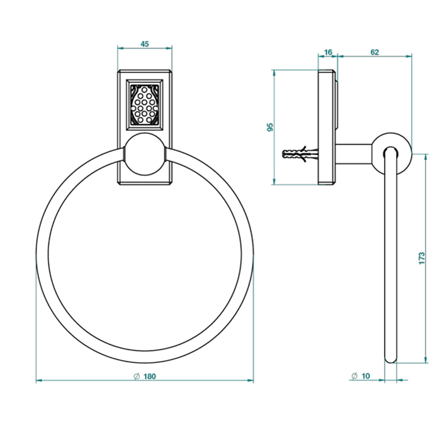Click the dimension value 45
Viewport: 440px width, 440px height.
coord(144,44)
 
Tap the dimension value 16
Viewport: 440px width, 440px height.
coord(328,52)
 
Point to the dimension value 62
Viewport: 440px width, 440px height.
coord(375,52)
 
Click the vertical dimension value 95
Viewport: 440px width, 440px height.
coord(270,127)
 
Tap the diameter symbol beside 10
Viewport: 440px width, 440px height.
coord(354,376)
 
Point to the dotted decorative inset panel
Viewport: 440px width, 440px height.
coord(144,104)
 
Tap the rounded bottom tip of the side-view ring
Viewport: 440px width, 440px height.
coord(391,359)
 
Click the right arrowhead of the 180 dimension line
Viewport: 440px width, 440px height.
coord(251,380)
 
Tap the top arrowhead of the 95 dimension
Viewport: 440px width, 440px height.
coord(274,72)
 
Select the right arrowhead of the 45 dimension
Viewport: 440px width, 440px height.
coord(169,48)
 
